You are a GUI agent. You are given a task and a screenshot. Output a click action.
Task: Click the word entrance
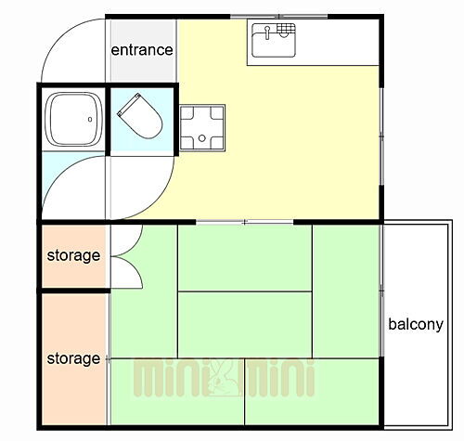click(142, 49)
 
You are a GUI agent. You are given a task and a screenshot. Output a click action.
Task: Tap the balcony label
click(415, 324)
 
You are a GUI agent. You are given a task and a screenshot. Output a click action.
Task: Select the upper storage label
click(73, 254)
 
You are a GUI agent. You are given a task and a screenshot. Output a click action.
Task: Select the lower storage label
click(73, 357)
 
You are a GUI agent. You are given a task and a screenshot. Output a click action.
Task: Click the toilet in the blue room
click(140, 118)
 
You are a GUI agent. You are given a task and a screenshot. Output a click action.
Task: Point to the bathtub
click(73, 119)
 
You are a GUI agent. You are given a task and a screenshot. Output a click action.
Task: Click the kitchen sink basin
click(273, 41)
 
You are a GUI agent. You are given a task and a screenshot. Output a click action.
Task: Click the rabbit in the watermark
click(223, 377)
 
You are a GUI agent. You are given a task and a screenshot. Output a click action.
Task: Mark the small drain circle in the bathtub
click(90, 118)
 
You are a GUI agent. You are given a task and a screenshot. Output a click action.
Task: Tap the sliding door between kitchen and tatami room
click(244, 222)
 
